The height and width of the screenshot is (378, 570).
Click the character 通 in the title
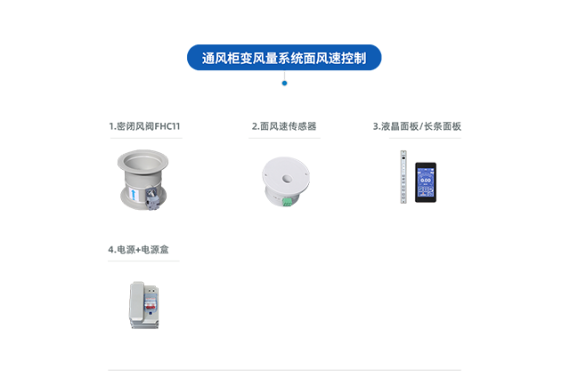pos(208,59)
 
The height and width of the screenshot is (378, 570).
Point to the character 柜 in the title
pos(234,59)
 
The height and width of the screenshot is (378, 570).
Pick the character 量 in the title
pos(273,59)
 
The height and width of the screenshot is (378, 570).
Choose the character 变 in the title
pos(247,59)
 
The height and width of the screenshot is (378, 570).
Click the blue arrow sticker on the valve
pos(134,194)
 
